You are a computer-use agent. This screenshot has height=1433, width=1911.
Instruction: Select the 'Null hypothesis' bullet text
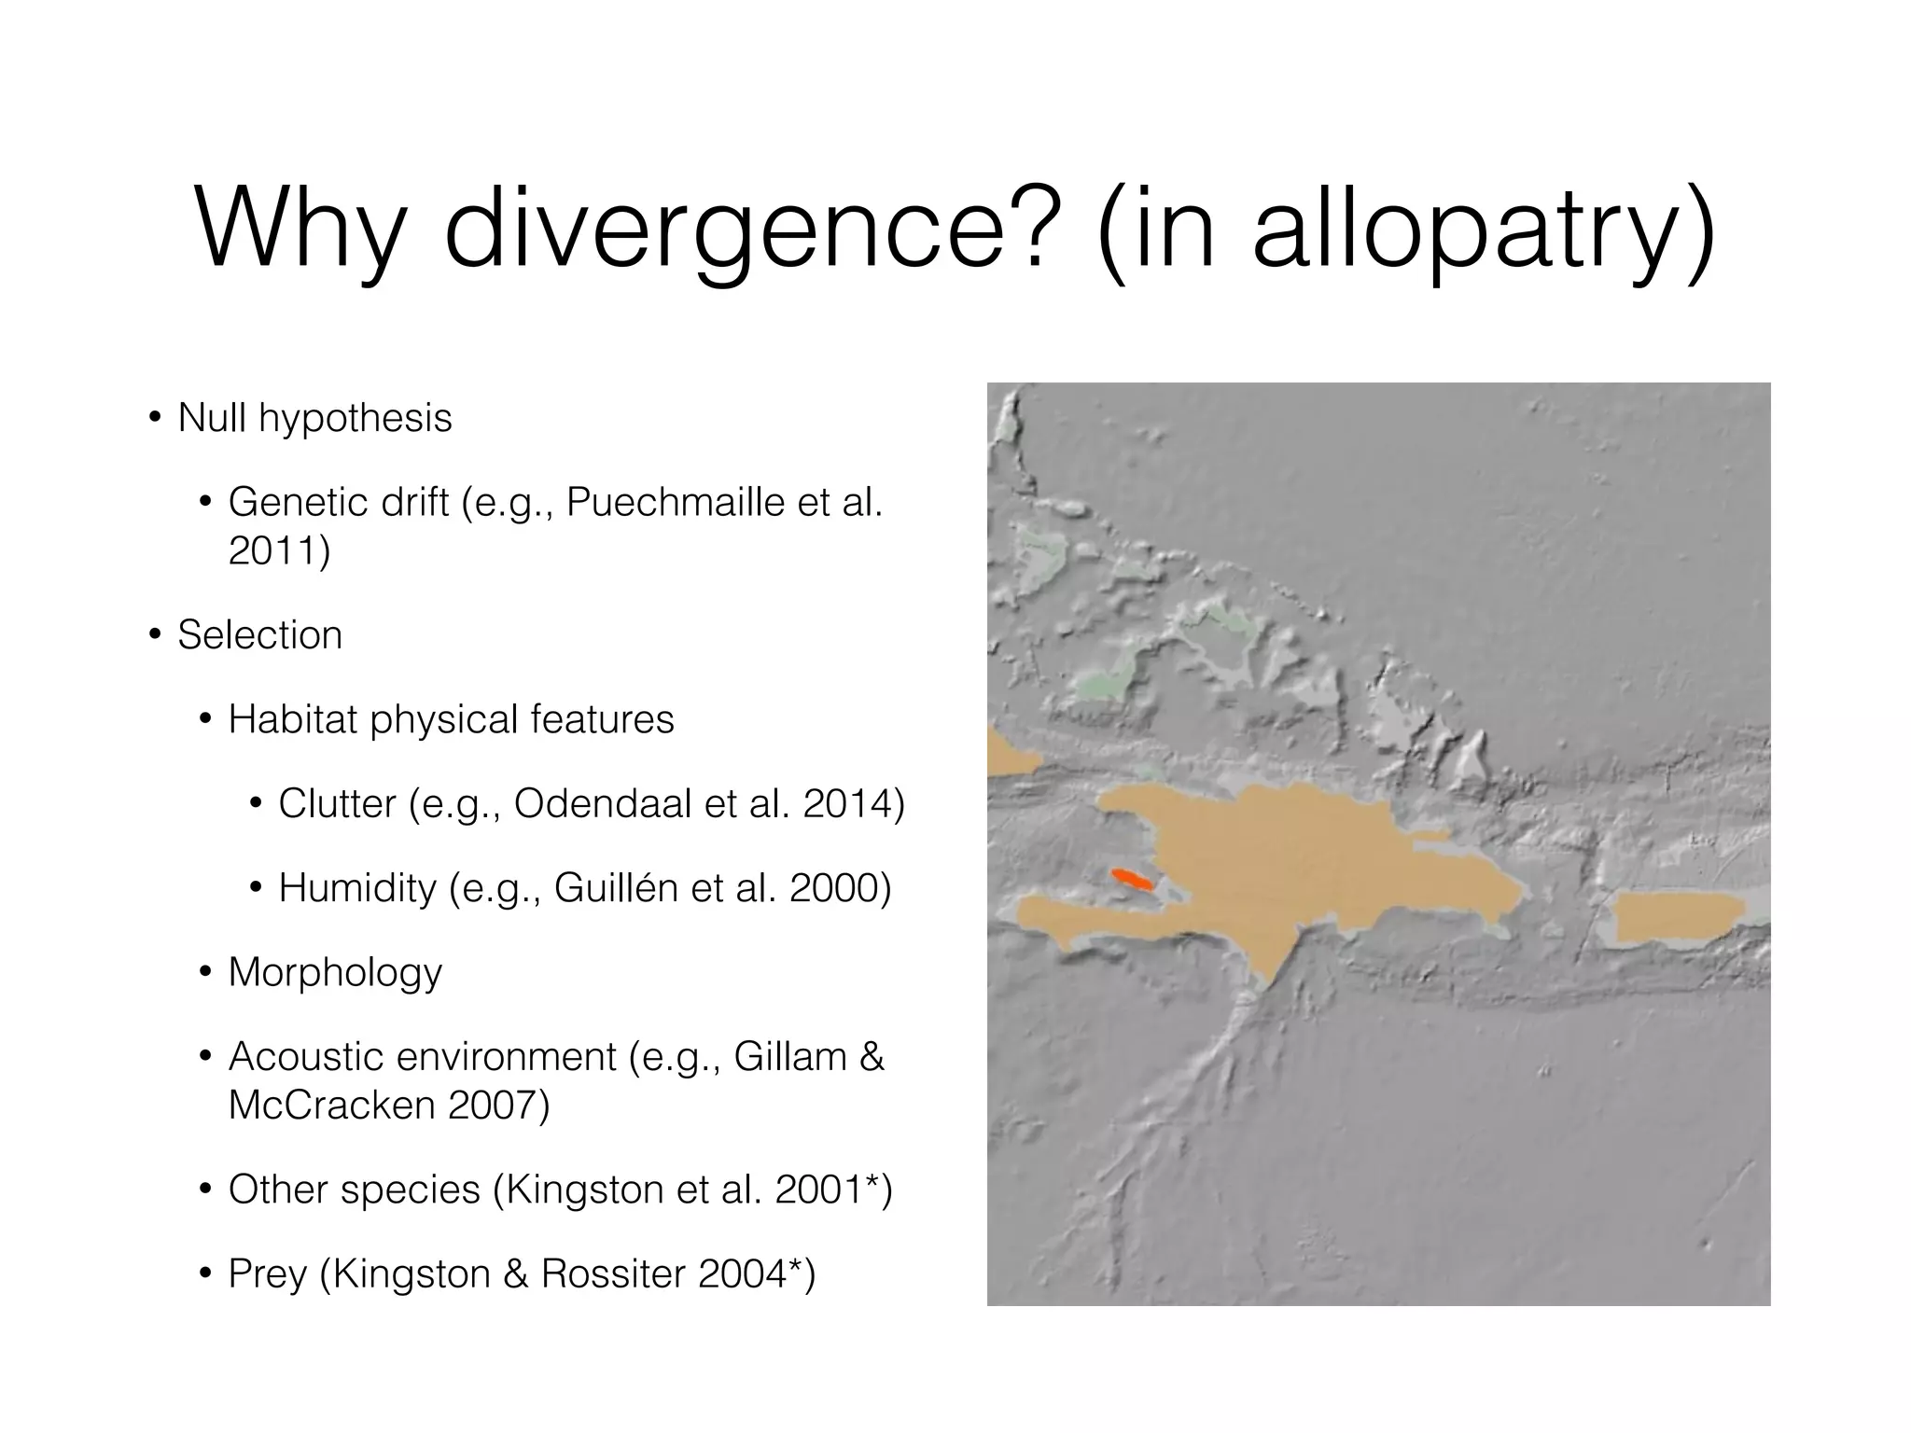point(314,417)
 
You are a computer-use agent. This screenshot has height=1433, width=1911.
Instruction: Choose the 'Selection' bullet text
point(259,634)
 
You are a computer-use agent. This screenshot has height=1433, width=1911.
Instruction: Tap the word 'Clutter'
point(337,803)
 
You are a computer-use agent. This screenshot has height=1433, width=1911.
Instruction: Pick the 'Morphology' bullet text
point(335,972)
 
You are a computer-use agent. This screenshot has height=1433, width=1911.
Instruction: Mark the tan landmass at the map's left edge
point(1008,754)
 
